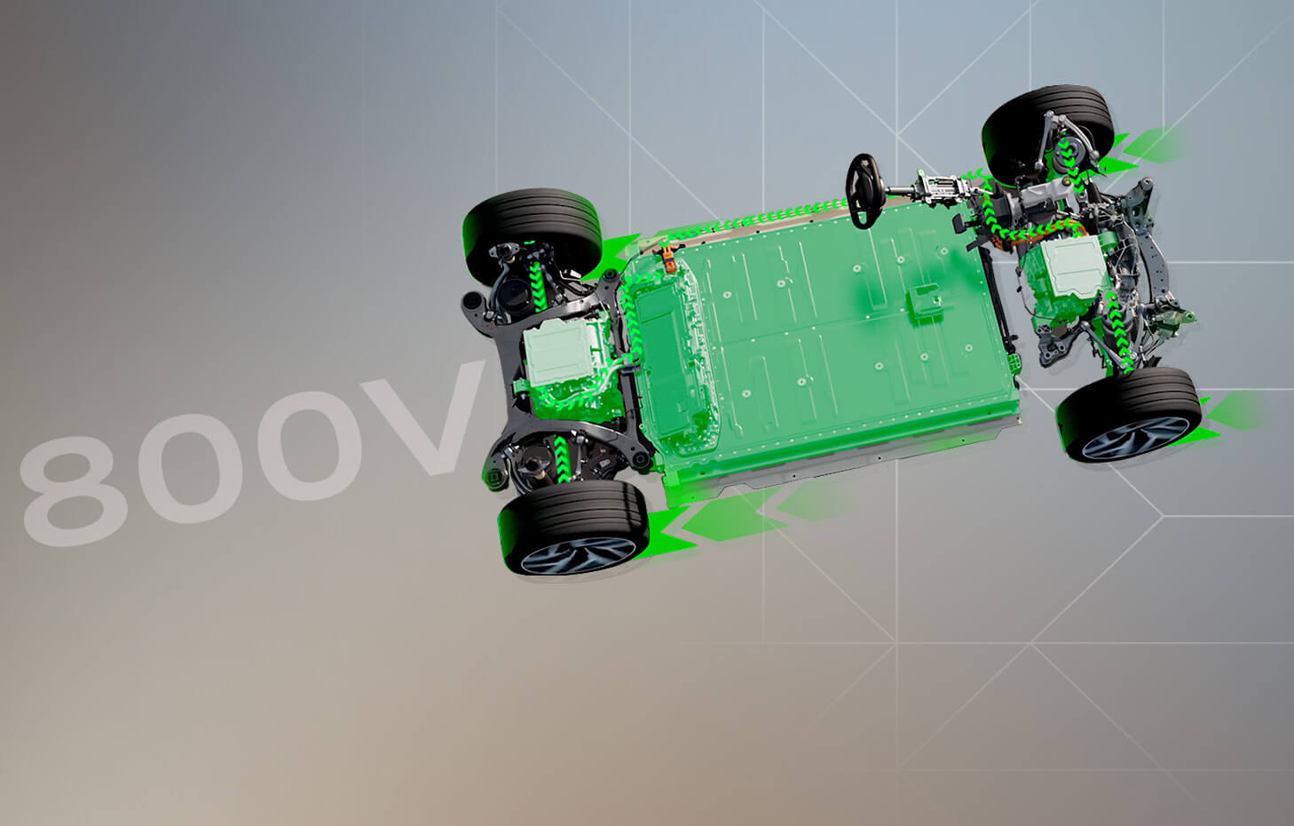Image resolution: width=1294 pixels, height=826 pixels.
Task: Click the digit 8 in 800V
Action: [74, 491]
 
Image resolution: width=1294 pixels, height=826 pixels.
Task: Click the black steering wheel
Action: [864, 191]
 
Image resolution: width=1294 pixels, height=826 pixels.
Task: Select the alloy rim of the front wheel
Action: [1134, 438]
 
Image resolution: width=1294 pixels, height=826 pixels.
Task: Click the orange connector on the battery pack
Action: [668, 258]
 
